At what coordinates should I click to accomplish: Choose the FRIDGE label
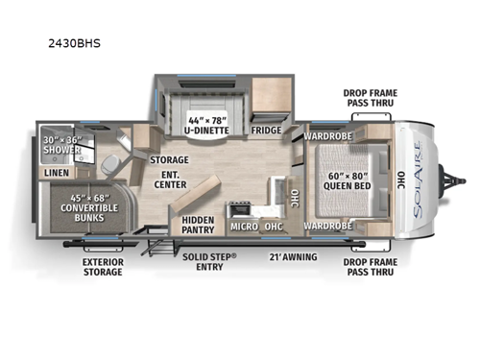[x=266, y=130]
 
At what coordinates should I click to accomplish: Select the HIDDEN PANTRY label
[x=197, y=225]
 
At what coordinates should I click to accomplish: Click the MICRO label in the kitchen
[x=243, y=228]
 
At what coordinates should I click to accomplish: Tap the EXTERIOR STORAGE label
[x=102, y=266]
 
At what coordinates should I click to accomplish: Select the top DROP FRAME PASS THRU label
[x=370, y=99]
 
